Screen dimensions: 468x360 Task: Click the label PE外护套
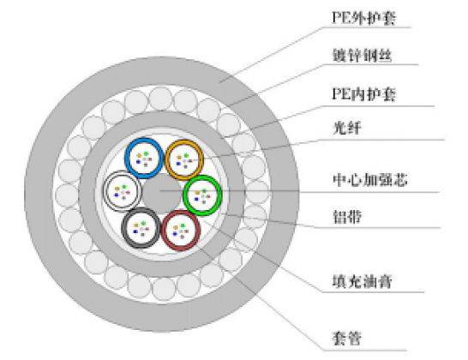pyautogui.click(x=363, y=18)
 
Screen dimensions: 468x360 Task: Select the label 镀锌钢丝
pyautogui.click(x=362, y=56)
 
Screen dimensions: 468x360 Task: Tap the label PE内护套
pyautogui.click(x=363, y=94)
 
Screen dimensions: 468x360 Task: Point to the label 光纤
pyautogui.click(x=347, y=128)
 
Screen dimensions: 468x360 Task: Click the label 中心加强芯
pyautogui.click(x=369, y=180)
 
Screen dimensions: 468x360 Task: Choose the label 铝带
pyautogui.click(x=347, y=216)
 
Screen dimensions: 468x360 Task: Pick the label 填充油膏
pyautogui.click(x=362, y=281)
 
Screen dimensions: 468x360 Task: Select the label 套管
pyautogui.click(x=347, y=339)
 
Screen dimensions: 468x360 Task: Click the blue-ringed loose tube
pyautogui.click(x=144, y=159)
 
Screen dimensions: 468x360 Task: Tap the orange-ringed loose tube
pyautogui.click(x=184, y=160)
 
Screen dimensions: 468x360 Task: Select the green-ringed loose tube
pyautogui.click(x=202, y=195)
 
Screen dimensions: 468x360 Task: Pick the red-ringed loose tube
pyautogui.click(x=181, y=231)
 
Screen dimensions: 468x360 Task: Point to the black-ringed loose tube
pyautogui.click(x=141, y=228)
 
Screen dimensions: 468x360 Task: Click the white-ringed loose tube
pyautogui.click(x=123, y=191)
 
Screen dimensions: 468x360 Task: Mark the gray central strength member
pyautogui.click(x=162, y=193)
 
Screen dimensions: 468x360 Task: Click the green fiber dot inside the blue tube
pyautogui.click(x=147, y=153)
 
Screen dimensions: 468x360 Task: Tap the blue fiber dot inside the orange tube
pyautogui.click(x=178, y=164)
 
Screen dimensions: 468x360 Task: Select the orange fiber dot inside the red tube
pyautogui.click(x=176, y=227)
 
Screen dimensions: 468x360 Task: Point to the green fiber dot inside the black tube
pyautogui.click(x=143, y=223)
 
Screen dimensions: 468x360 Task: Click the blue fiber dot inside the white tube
pyautogui.click(x=117, y=195)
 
